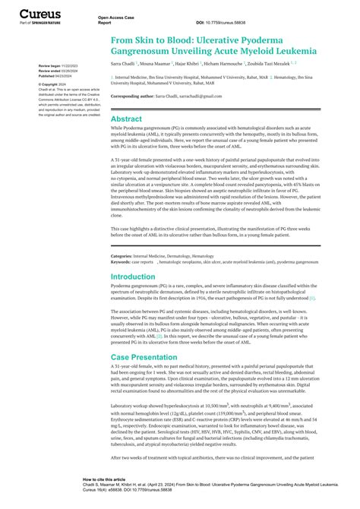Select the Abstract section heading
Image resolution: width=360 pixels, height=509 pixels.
(x=126, y=119)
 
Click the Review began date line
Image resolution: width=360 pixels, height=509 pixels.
(x=52, y=65)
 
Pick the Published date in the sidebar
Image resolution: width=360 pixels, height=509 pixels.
(x=51, y=76)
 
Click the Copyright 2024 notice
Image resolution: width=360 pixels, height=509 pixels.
(x=49, y=84)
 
